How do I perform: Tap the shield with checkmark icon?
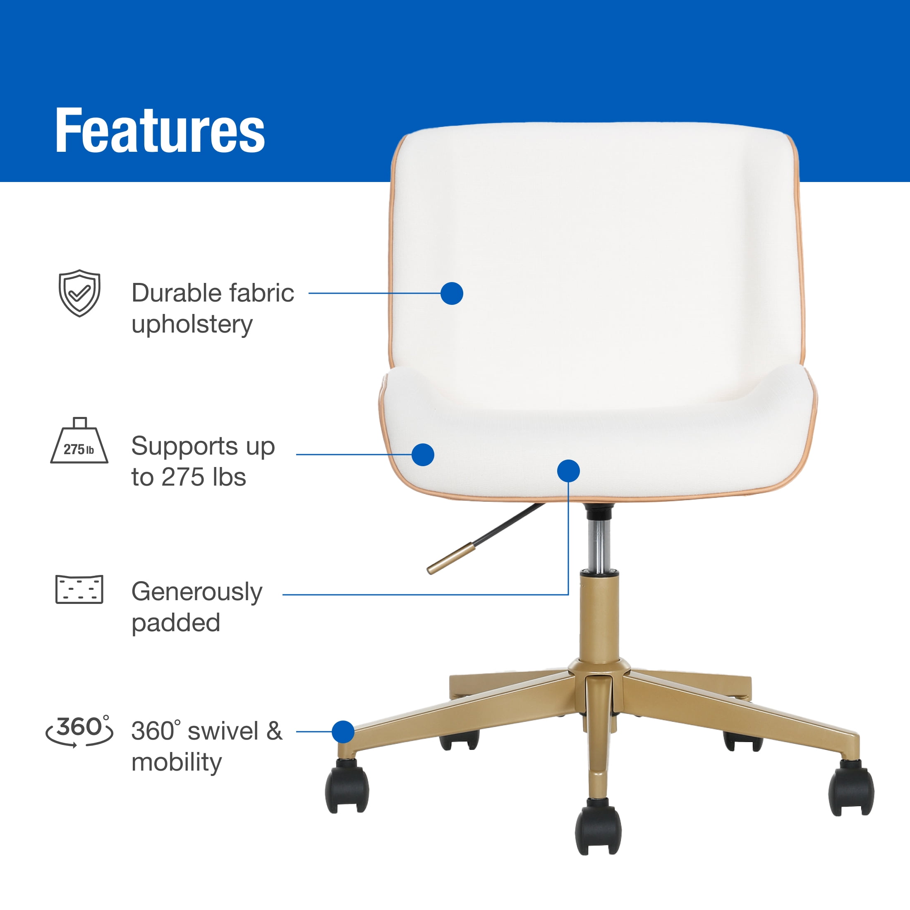[79, 293]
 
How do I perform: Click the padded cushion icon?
[79, 589]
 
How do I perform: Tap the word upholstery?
[192, 325]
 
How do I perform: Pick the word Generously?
[196, 591]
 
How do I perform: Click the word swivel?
[223, 730]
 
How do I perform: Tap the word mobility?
[176, 762]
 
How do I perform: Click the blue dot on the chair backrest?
[452, 293]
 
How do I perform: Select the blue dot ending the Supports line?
[422, 455]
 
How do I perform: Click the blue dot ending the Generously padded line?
[568, 471]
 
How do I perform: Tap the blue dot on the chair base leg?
[343, 731]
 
